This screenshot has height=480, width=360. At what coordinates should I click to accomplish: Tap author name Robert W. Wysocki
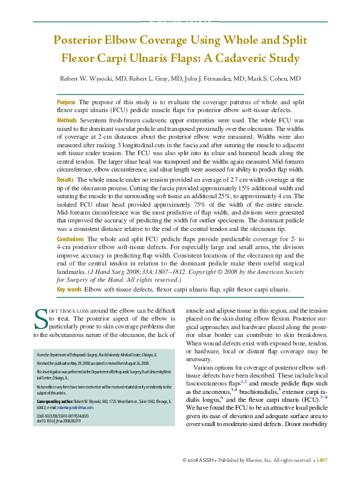click(83, 79)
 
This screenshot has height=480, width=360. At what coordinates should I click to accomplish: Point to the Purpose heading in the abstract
click(66, 102)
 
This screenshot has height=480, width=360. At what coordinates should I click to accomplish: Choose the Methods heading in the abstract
click(68, 121)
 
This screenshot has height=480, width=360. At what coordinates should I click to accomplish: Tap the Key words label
click(69, 290)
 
